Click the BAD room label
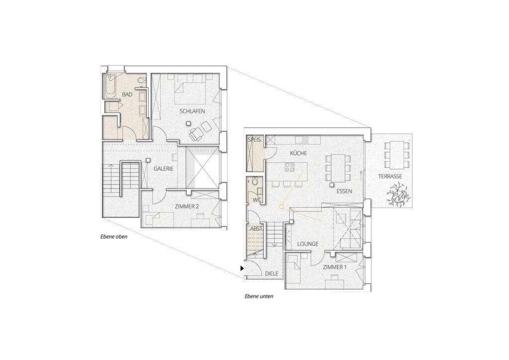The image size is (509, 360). coord(127,94)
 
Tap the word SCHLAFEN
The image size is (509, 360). coord(192,111)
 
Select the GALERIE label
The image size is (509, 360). coord(164,169)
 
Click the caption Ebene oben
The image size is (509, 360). coord(114,237)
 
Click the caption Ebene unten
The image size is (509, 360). coord(258,296)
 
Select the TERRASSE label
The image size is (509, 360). coord(390,177)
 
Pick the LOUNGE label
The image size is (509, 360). coord(308,244)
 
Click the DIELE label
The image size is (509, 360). coord(271,273)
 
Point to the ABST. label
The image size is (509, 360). coord(256,229)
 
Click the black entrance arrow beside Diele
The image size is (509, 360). coord(242,268)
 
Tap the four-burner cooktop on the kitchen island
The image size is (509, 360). coord(289,168)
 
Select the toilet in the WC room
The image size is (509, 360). coord(255,182)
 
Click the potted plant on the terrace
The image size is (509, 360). coord(398,194)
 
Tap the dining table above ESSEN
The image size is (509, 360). coord(337,167)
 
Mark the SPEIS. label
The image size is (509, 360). coord(254,140)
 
